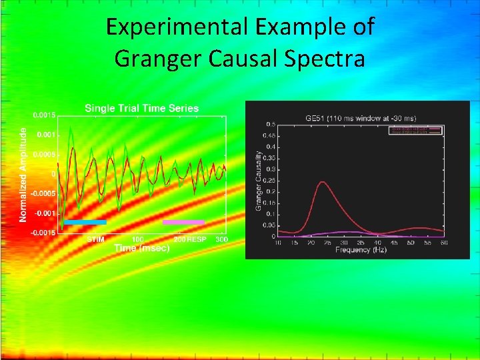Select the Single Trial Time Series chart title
point(141,108)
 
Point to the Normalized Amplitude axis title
point(23,175)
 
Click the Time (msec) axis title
point(141,248)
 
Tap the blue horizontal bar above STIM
point(85,222)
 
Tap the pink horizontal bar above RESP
point(183,222)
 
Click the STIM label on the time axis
point(95,239)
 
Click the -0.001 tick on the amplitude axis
point(45,213)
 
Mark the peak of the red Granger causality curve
point(323,182)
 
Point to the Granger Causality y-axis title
point(259,180)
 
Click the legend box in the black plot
point(415,130)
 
